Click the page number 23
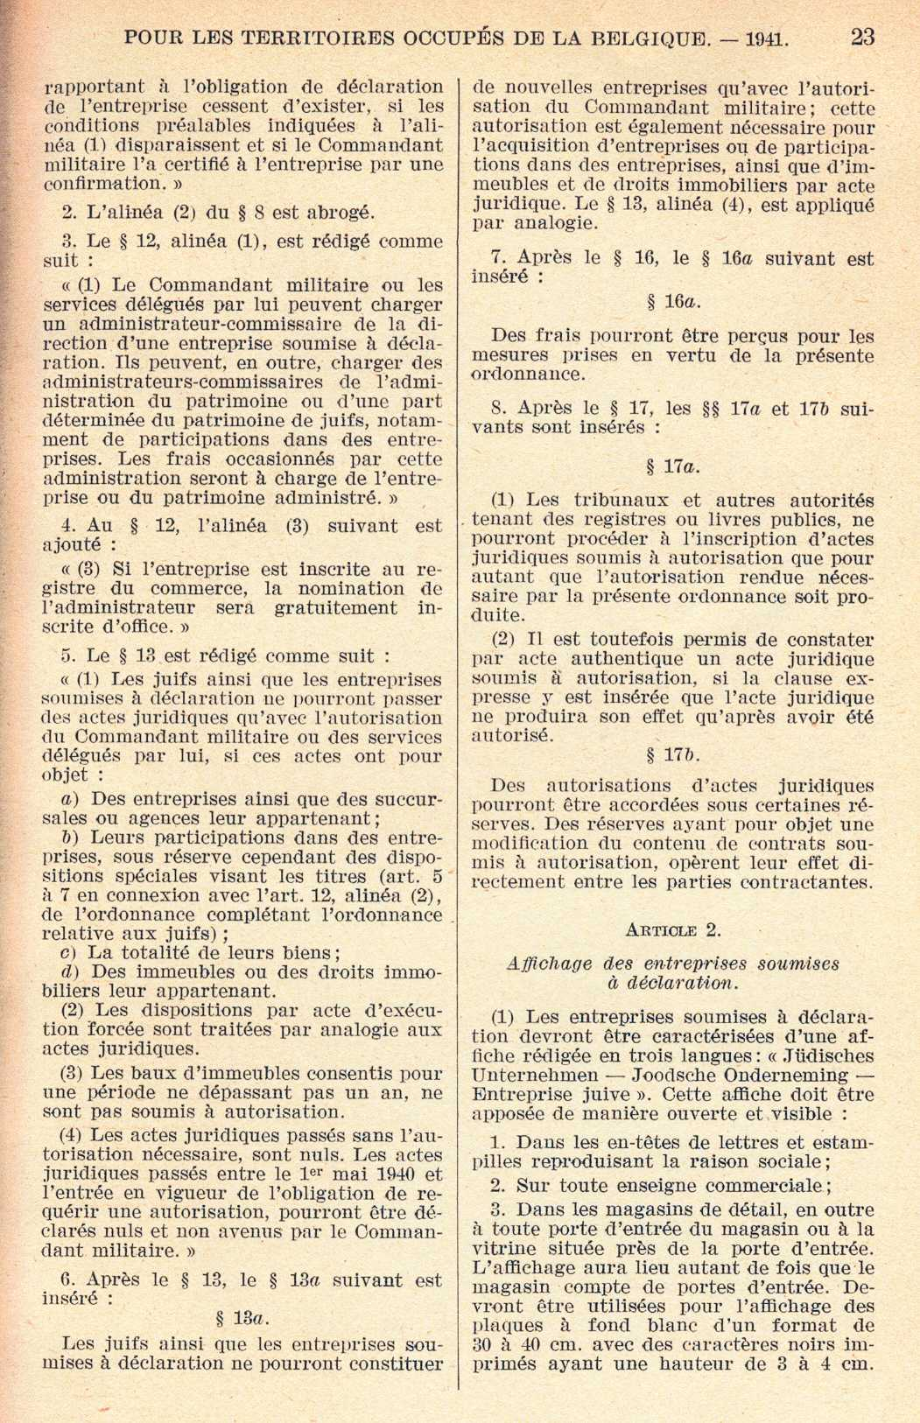862,37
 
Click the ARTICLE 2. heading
673,929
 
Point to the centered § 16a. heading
673,303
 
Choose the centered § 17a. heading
673,466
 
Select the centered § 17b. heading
673,755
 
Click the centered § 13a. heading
242,1318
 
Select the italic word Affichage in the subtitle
550,964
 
